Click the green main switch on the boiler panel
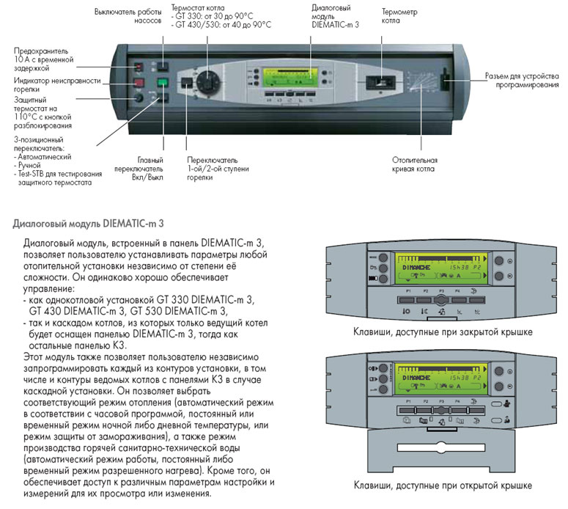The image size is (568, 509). (163, 83)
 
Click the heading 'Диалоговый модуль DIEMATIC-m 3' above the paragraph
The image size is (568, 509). (84, 219)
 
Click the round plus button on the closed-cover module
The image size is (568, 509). (498, 260)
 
